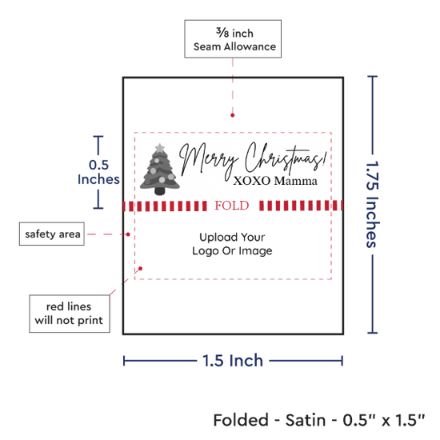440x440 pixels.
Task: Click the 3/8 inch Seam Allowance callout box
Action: coord(233,39)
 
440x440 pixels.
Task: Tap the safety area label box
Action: coord(52,234)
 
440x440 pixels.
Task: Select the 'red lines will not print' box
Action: coord(70,314)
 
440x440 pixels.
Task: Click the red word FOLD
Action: coord(232,206)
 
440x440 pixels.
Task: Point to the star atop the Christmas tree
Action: coord(160,148)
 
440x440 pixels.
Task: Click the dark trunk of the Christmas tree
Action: coord(160,191)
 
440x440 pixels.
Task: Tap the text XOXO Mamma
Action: coord(275,181)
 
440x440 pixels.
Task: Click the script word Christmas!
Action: coord(286,158)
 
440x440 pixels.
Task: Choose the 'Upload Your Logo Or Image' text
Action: coord(232,244)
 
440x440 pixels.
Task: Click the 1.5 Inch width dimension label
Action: coord(233,361)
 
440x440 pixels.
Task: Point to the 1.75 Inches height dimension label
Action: coord(373,204)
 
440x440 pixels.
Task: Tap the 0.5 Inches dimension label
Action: coord(98,172)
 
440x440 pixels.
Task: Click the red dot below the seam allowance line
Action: coord(232,115)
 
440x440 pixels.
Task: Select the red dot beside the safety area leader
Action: coord(128,234)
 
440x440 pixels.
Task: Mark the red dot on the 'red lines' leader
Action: coord(140,269)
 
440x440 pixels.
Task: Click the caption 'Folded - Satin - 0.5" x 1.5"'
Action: coord(319,420)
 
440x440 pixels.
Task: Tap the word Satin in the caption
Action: coord(306,420)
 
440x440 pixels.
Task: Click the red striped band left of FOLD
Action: coord(165,206)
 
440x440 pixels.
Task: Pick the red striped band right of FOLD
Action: coord(301,206)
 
